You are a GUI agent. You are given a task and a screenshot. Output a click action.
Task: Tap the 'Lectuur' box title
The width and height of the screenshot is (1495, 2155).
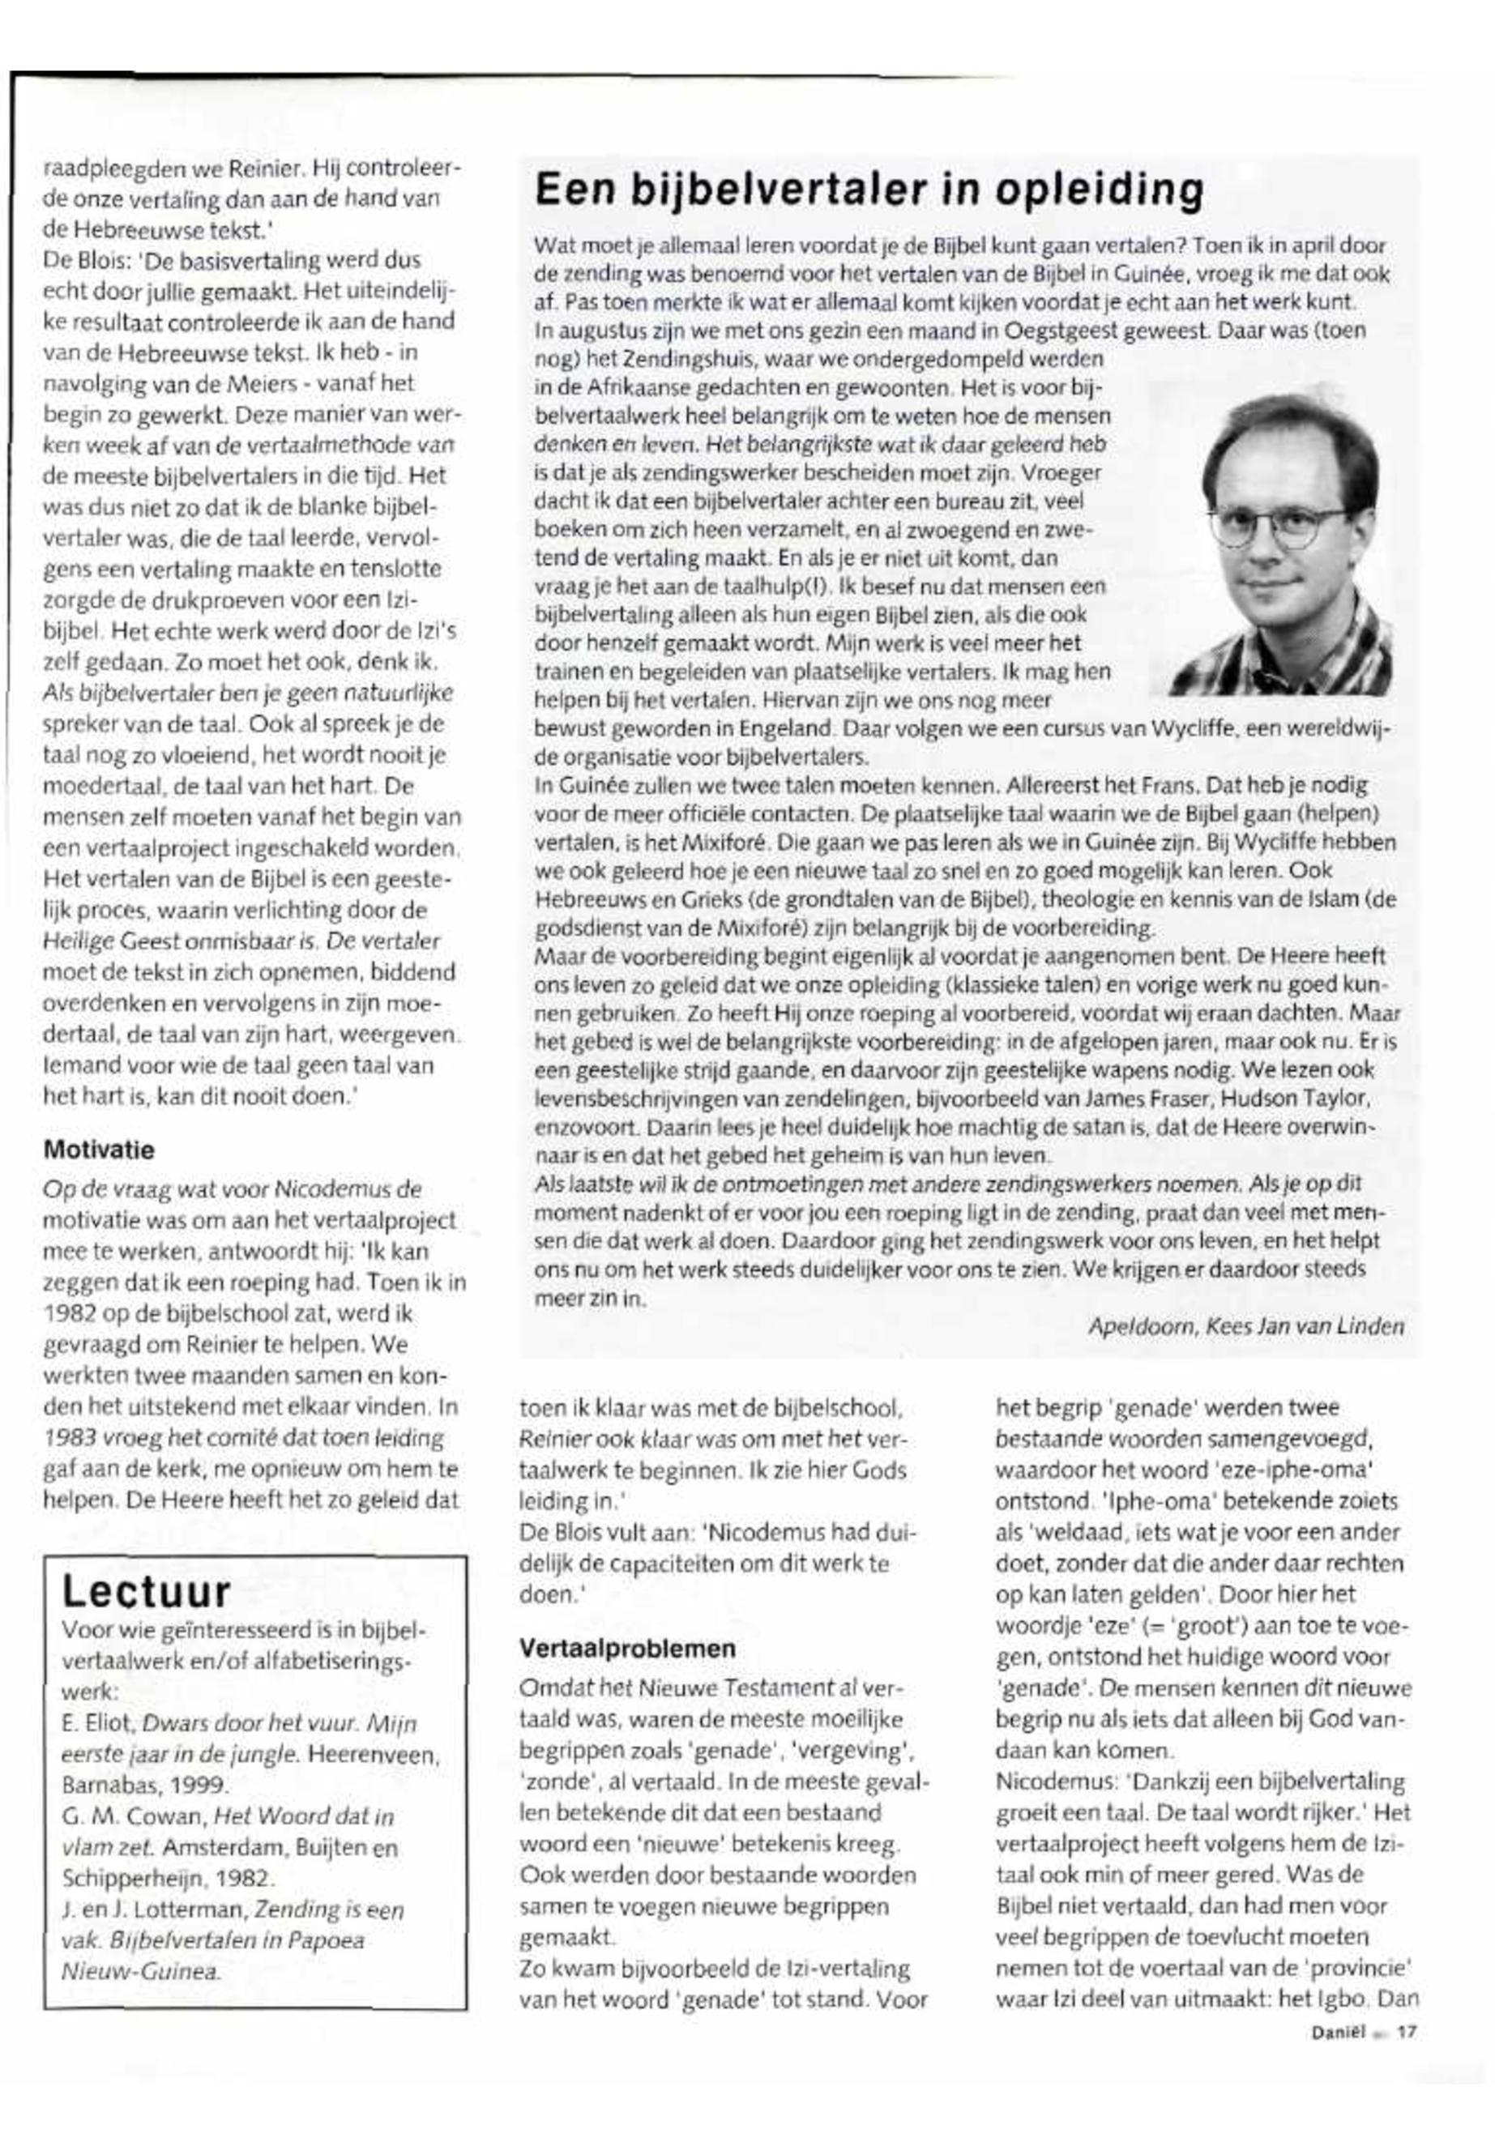pos(146,1591)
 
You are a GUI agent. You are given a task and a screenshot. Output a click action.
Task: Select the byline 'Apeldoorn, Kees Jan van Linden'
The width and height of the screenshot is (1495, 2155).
pos(1246,1327)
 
